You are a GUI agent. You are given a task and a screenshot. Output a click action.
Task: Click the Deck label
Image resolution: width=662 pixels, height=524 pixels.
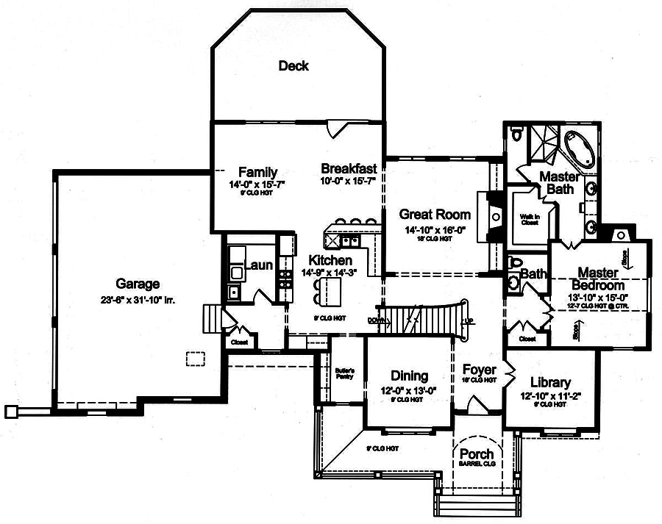point(293,66)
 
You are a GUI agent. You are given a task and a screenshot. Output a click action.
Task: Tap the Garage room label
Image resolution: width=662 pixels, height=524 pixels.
point(138,284)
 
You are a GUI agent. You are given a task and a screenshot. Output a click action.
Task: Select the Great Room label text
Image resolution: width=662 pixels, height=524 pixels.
point(435,215)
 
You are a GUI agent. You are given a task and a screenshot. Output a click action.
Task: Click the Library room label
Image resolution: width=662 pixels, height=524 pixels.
point(550,382)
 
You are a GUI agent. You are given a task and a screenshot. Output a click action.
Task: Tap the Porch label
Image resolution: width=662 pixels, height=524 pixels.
point(477,453)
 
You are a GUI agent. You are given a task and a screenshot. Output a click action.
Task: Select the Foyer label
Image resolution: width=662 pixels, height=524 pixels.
point(480,369)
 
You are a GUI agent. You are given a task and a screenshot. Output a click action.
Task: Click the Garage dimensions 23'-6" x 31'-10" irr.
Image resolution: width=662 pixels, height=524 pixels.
point(138,299)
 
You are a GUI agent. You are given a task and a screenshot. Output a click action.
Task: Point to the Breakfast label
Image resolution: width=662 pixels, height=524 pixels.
point(349,168)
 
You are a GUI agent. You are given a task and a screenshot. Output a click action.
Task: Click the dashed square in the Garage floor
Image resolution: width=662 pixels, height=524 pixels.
point(195,358)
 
